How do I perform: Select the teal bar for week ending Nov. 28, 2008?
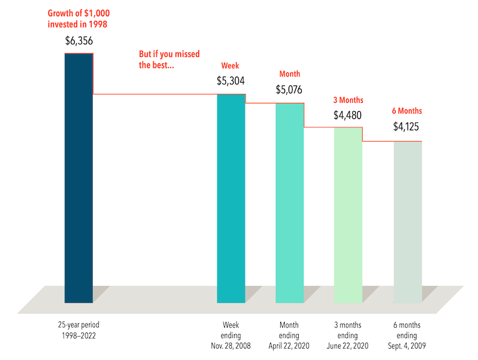point(231,198)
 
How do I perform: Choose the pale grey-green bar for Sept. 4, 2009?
point(407,221)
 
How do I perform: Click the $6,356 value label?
point(79,42)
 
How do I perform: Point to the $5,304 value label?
point(231,81)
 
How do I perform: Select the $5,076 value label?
point(289,90)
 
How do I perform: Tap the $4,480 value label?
point(348,115)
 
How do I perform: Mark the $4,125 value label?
point(407,127)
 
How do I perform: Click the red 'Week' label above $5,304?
point(230,66)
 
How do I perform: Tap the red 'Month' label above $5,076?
point(290,75)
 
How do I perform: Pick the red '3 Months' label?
point(348,100)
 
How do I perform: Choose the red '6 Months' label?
point(407,111)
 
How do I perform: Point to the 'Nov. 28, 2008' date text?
point(231,346)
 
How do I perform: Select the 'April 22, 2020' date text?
point(289,346)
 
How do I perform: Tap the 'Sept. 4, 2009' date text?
point(407,346)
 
